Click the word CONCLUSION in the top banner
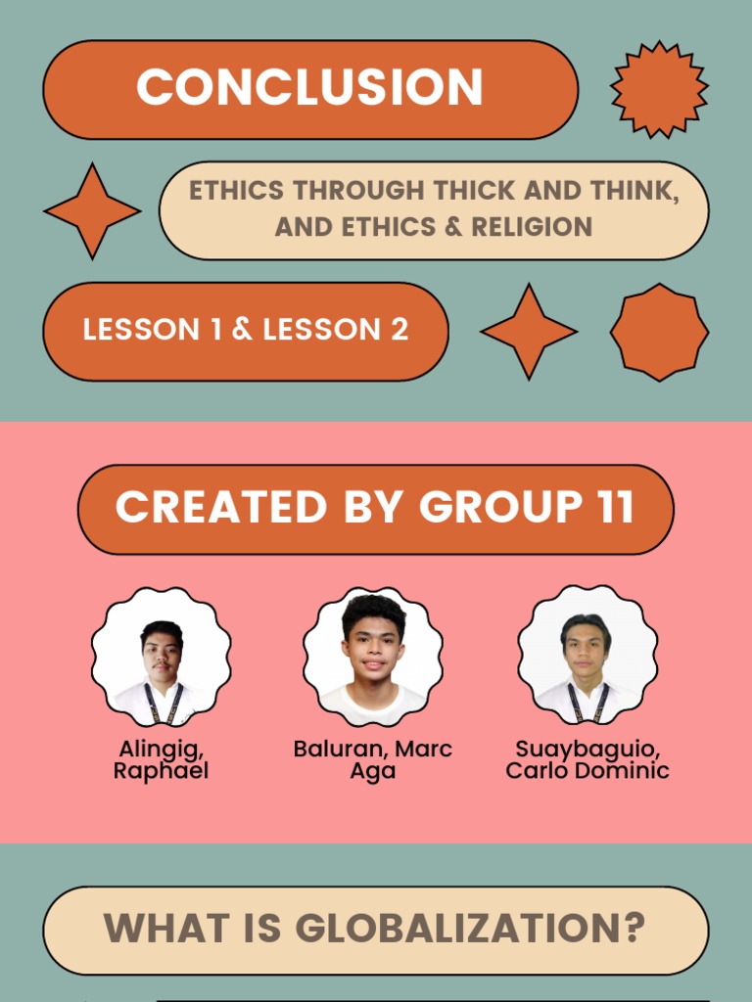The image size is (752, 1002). [x=309, y=88]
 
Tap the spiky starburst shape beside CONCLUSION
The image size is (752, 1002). [x=659, y=89]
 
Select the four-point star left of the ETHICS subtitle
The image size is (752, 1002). [x=92, y=211]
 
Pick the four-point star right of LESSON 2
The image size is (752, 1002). [x=529, y=332]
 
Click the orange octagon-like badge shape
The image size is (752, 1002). [x=659, y=332]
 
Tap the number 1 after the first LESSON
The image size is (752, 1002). [x=215, y=331]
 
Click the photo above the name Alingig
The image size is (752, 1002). [x=162, y=658]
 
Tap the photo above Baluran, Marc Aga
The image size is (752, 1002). [x=373, y=656]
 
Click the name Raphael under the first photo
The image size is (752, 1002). [x=161, y=771]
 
